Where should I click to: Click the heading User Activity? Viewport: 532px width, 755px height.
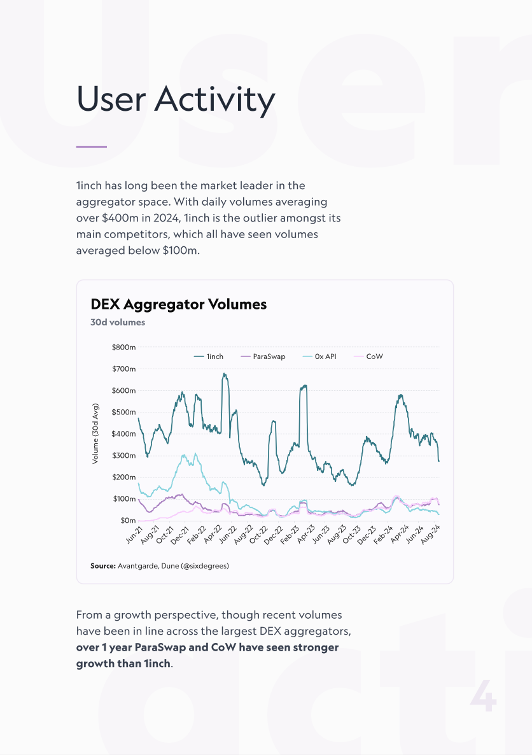pos(176,99)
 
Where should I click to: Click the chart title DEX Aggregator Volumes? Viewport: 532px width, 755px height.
pos(179,304)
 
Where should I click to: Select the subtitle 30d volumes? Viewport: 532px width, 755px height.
pos(118,322)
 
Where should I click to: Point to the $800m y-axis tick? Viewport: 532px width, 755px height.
pos(123,348)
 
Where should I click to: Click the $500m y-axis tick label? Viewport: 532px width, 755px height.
pos(123,413)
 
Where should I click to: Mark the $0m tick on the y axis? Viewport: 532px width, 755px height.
pos(127,521)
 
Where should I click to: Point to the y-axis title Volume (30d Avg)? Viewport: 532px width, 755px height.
pos(95,434)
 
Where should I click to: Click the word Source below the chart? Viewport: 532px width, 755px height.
pos(102,565)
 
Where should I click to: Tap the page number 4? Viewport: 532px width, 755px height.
pos(483,697)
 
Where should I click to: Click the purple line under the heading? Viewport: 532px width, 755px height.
pos(92,147)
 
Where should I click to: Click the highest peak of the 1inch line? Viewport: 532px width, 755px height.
pos(224,374)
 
